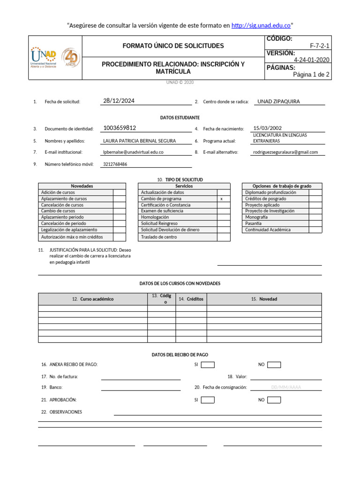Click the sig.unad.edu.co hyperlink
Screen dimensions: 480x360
tap(261, 25)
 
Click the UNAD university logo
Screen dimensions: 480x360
tap(43, 57)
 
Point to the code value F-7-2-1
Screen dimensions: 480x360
tap(320, 46)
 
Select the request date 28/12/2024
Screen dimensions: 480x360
tap(119, 101)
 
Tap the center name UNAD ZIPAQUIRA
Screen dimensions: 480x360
tap(279, 101)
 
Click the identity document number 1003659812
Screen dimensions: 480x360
tap(120, 128)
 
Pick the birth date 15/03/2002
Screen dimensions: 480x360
tap(267, 128)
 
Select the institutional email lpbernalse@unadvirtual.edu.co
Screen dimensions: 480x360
tap(133, 152)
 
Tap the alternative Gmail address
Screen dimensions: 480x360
tap(285, 152)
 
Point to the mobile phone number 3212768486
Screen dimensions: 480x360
tap(115, 165)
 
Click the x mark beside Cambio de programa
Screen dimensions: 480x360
tap(221, 199)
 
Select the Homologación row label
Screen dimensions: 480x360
tap(155, 217)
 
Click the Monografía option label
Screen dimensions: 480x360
tap(256, 217)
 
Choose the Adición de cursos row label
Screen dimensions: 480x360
tap(58, 193)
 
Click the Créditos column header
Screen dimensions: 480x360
tap(191, 299)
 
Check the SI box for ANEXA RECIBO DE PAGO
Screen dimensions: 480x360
tap(208, 365)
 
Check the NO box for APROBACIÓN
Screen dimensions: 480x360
tap(274, 400)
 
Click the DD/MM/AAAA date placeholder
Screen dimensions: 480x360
tap(286, 388)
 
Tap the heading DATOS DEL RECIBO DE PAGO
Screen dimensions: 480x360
tap(180, 355)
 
